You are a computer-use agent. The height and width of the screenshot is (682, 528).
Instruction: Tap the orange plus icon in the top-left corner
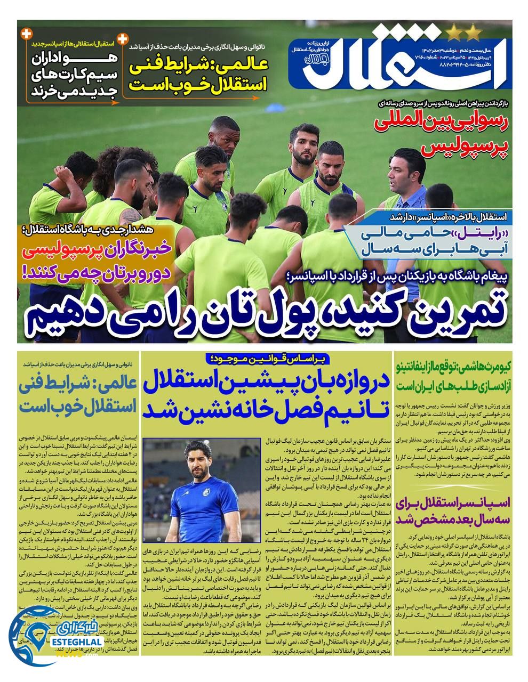tap(25, 34)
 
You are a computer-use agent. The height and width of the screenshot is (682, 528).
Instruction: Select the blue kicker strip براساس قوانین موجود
tap(265, 359)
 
